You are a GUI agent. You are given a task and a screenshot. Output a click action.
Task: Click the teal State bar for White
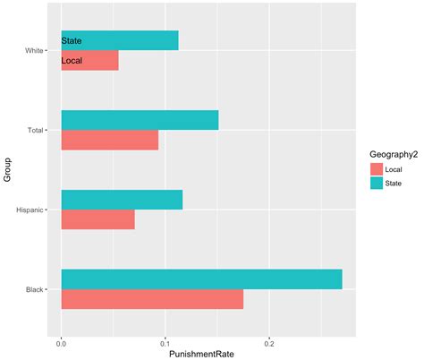point(119,40)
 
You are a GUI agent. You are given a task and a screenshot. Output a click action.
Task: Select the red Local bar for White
point(89,61)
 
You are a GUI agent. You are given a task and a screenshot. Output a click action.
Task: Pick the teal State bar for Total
point(140,120)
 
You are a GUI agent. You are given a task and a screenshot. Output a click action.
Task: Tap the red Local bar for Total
point(109,140)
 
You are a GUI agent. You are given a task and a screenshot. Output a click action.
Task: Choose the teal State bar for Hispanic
point(122,200)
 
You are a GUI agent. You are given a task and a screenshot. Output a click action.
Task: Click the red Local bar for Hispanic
point(98,219)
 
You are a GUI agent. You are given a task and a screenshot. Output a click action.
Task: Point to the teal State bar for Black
point(201,279)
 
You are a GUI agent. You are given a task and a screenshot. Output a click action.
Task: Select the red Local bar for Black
point(152,299)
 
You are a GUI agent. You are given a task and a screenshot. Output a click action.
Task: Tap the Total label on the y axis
point(37,131)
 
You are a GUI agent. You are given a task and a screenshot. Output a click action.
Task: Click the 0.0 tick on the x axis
point(61,341)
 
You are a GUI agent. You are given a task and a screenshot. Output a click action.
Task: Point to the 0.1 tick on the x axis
point(165,341)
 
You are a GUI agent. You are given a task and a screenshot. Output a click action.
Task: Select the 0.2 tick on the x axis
point(268,341)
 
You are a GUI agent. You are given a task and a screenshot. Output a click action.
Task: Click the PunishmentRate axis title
point(201,353)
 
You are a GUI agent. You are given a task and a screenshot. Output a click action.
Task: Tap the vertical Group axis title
point(7,170)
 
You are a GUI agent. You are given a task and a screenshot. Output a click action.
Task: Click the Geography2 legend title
point(382,153)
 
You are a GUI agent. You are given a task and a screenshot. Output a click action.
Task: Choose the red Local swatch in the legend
point(376,168)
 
